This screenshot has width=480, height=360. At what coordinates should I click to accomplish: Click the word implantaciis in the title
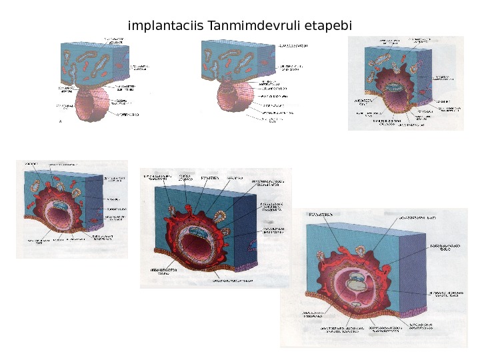167,27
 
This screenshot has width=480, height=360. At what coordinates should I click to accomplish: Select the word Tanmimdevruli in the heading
245,27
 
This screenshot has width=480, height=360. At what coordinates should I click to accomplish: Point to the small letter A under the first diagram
61,122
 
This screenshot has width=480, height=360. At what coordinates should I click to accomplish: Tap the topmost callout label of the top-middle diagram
293,45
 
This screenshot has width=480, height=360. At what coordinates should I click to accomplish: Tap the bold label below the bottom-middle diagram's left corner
159,270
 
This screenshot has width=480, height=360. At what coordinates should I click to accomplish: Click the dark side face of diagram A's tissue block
120,67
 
